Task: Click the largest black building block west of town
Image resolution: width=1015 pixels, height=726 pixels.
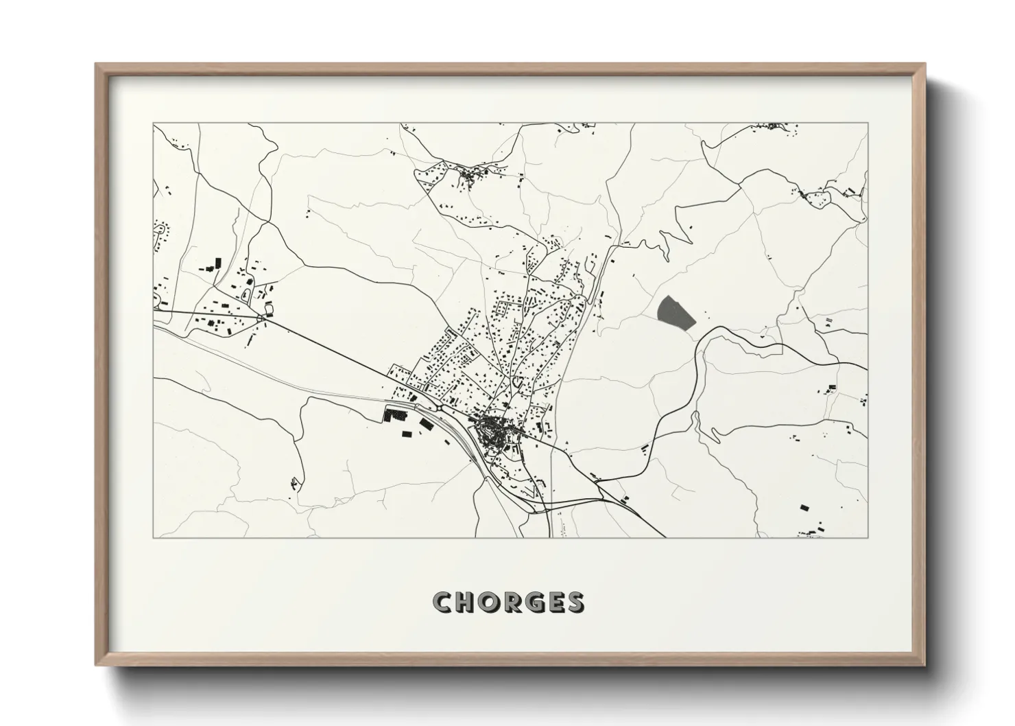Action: (x=396, y=414)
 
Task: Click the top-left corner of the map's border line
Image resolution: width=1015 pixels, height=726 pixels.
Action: (x=153, y=124)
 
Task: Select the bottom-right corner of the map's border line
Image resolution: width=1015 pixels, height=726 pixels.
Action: (x=868, y=537)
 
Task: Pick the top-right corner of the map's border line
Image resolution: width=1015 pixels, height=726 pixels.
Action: (x=868, y=124)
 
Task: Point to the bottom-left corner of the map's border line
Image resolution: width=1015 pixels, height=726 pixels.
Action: (x=153, y=537)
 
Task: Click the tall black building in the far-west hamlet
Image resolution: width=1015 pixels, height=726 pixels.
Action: (x=219, y=262)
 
